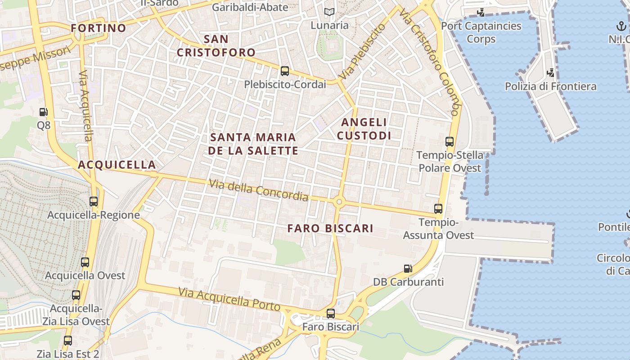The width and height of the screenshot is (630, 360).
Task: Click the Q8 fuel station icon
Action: coord(43,112)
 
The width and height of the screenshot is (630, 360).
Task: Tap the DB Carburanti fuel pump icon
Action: coord(408,269)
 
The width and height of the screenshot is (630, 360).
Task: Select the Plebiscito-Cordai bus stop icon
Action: coord(284,71)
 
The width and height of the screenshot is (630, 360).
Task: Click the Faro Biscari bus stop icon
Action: coord(331,313)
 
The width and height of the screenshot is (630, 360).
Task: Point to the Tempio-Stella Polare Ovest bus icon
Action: coord(449,142)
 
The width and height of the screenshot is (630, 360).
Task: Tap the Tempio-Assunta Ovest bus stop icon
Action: coord(438,208)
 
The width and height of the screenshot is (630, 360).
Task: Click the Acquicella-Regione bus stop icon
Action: coord(94,202)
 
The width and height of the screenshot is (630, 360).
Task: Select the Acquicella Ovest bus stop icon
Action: coord(85,262)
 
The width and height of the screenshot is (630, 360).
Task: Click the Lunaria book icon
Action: coord(329,12)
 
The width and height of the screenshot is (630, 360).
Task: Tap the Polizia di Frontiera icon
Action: coord(550,72)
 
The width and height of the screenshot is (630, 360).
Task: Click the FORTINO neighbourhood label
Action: coord(99,28)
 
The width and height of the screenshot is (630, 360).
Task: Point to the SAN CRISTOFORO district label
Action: coord(216,46)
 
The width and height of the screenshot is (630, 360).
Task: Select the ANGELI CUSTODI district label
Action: coord(364,129)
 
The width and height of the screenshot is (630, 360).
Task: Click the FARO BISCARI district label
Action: coord(330,228)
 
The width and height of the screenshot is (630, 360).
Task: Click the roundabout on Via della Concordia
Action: coord(339,202)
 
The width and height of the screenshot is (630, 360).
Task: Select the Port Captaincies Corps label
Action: coord(481,32)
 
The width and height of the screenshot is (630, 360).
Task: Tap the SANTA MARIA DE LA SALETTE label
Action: coord(253,144)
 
